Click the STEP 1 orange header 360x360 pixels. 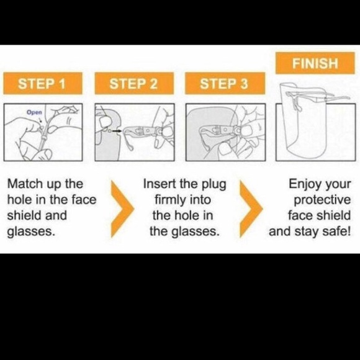(43, 83)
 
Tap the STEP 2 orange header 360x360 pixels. (134, 83)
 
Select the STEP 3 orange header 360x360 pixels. (225, 83)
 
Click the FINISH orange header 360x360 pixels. (315, 63)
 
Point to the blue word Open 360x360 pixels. (34, 112)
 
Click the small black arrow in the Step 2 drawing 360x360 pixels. (117, 131)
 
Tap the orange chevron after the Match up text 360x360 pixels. (122, 209)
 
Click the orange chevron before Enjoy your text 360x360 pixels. (251, 209)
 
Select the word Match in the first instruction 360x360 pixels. (25, 184)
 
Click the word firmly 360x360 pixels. (169, 200)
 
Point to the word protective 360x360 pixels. (322, 200)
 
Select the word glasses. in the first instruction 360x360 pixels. (31, 232)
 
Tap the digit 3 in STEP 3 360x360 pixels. (244, 84)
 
